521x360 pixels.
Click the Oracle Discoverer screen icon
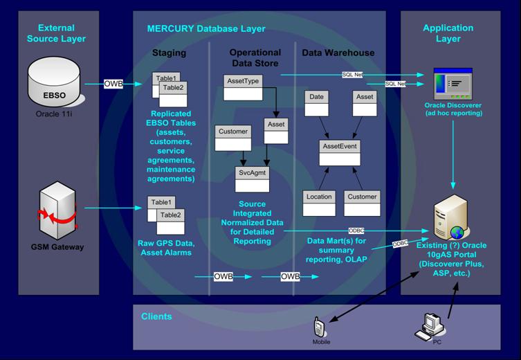(x=453, y=83)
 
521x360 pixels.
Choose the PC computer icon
(x=433, y=325)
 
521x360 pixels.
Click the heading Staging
(x=169, y=53)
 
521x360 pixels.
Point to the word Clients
(x=156, y=316)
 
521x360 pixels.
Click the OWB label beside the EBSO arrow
(x=113, y=84)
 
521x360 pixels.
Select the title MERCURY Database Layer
(x=206, y=29)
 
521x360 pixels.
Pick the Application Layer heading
(x=448, y=33)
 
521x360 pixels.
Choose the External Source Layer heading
(x=56, y=33)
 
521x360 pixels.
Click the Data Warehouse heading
(x=338, y=53)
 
